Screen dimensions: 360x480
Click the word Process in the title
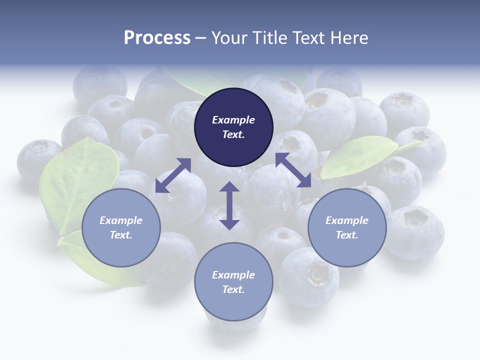tap(157, 38)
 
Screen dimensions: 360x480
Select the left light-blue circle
tap(121, 227)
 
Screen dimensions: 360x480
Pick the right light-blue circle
tap(347, 227)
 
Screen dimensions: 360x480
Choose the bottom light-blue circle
tap(233, 281)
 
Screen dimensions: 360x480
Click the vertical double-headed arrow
tap(229, 205)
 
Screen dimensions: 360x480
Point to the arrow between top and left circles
tap(173, 175)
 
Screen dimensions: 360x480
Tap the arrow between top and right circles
tap(293, 170)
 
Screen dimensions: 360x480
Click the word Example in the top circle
tap(233, 120)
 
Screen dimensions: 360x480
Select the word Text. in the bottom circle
tap(233, 289)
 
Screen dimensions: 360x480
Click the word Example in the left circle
tap(121, 220)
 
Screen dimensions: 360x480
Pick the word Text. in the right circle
tap(347, 235)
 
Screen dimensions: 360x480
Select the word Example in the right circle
tap(347, 220)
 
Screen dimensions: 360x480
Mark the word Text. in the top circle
tap(233, 134)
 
